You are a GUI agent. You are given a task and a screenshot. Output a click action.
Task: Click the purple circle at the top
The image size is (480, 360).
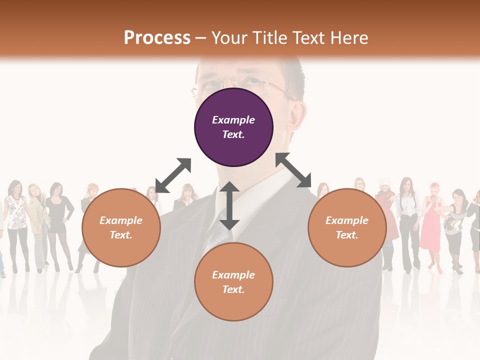(233, 127)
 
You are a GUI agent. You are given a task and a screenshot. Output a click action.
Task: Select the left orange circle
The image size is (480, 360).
(121, 227)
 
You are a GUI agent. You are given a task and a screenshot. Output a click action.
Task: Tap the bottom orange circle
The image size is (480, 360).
(233, 282)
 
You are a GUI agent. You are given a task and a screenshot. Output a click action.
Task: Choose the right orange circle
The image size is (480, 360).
(347, 227)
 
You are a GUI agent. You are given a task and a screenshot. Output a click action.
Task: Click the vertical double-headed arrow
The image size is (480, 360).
(229, 205)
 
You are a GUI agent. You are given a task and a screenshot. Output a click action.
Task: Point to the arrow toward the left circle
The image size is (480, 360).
(173, 175)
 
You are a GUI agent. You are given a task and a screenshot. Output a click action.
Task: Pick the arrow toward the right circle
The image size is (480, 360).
(293, 170)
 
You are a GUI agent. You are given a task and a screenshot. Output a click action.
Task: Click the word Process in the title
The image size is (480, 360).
(157, 37)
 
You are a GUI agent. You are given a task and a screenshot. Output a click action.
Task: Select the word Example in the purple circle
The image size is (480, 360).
(233, 120)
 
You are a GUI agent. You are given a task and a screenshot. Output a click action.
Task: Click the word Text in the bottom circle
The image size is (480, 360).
(233, 289)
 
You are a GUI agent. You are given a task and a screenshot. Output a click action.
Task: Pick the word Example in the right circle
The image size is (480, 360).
(347, 220)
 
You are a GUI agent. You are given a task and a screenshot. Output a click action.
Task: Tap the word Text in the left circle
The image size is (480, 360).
(121, 235)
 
